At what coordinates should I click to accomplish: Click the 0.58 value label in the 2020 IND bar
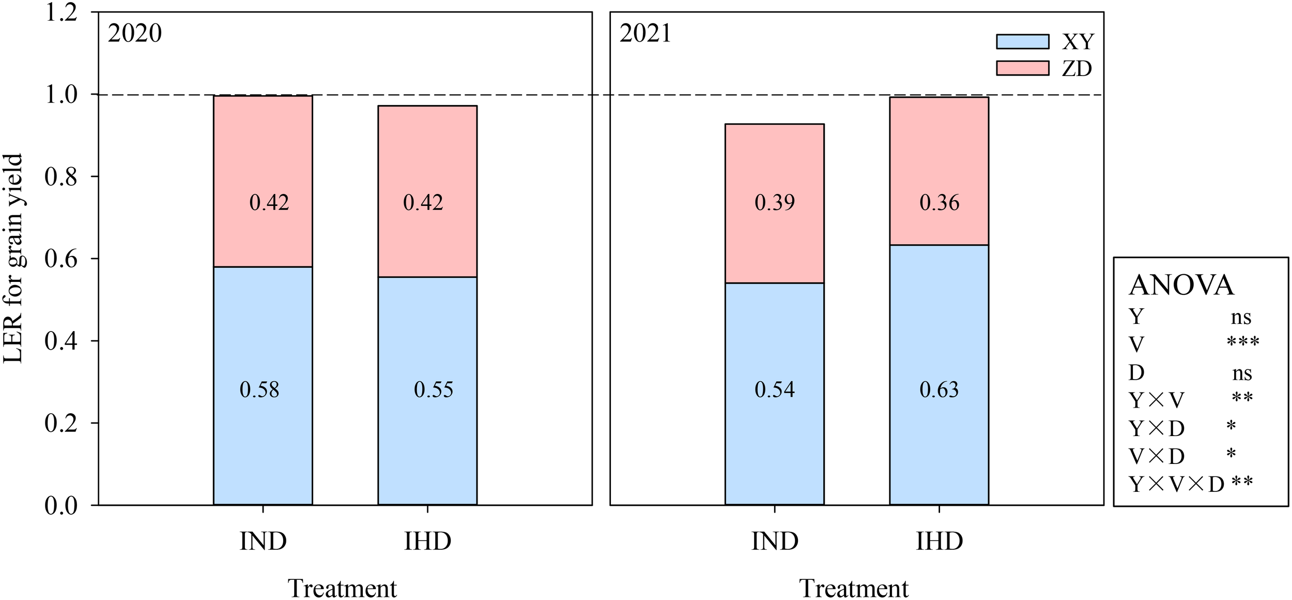click(x=259, y=389)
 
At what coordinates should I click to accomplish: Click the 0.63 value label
click(x=939, y=389)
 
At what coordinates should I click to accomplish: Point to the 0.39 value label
click(x=774, y=202)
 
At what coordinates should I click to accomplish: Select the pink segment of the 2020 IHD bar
click(x=427, y=155)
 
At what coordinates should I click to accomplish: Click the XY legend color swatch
click(x=1022, y=41)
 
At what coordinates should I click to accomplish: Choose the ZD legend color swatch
click(x=1022, y=68)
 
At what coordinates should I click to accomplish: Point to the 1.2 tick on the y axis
click(x=61, y=12)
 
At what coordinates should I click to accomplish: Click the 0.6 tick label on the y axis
click(x=61, y=259)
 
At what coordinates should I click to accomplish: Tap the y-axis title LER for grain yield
click(x=13, y=259)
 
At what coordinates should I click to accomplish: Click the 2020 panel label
click(x=134, y=34)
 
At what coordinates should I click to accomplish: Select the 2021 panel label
click(x=645, y=34)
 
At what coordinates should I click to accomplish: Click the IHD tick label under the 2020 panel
click(x=427, y=541)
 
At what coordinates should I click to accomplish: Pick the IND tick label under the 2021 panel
click(x=774, y=541)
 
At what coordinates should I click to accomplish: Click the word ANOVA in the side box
click(x=1181, y=285)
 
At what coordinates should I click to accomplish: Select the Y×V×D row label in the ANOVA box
click(x=1176, y=484)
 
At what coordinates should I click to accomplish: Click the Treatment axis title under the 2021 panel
click(x=854, y=588)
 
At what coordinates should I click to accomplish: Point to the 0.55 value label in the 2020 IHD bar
click(x=433, y=389)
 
